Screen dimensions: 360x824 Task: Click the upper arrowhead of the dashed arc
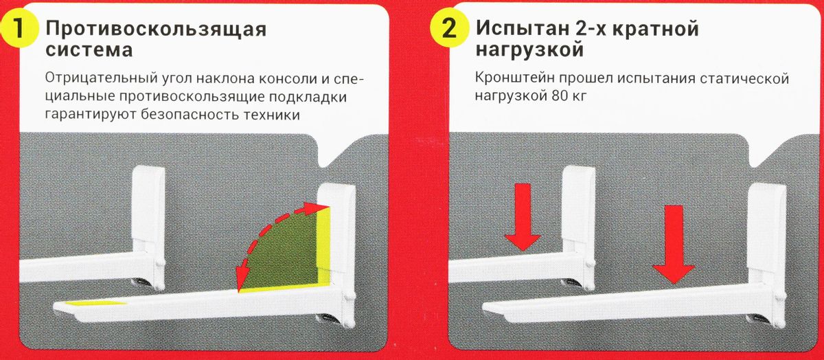click(317, 206)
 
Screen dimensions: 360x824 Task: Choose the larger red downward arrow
click(674, 244)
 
